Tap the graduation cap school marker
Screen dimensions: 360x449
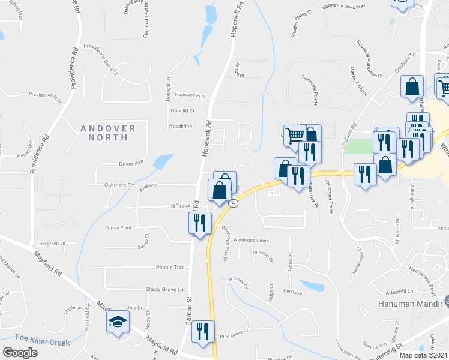coord(118,322)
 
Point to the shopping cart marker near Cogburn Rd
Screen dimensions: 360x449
coord(295,135)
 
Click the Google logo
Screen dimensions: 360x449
coord(20,353)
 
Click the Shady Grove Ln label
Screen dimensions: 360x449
coord(164,290)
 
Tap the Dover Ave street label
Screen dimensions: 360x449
coord(131,163)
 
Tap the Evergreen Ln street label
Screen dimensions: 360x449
coord(52,244)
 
